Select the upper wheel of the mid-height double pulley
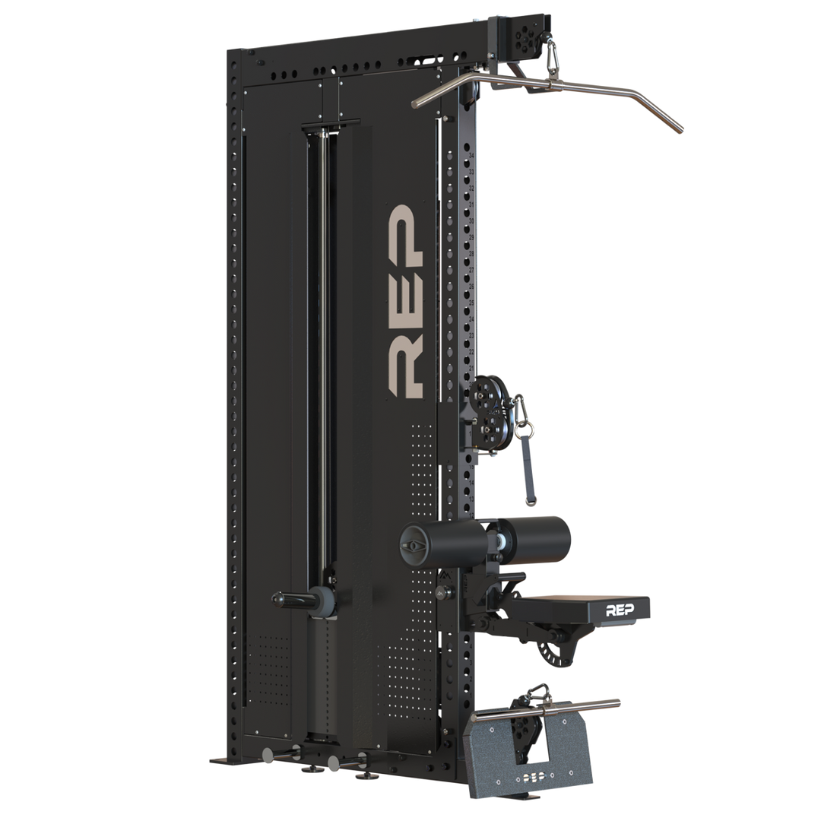[x=482, y=394]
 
